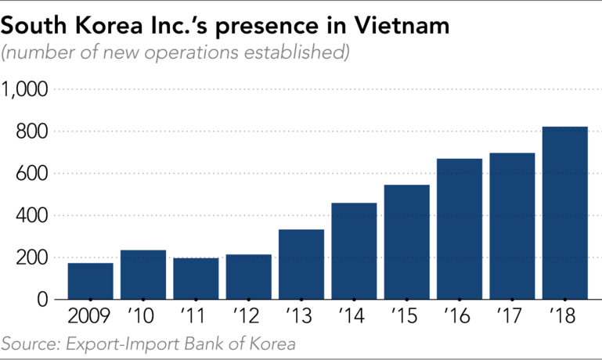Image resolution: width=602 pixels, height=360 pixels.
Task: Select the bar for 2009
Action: point(90,281)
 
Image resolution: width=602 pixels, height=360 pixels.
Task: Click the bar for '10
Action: point(142,275)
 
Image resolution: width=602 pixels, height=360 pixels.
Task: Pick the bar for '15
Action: point(406,242)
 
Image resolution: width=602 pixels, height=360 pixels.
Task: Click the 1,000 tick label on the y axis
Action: point(25,90)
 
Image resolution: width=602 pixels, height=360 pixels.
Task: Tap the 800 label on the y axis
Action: point(32,132)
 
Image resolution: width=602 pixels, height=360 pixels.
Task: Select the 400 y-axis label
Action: point(32,216)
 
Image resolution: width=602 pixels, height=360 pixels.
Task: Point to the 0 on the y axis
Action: point(43,300)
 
